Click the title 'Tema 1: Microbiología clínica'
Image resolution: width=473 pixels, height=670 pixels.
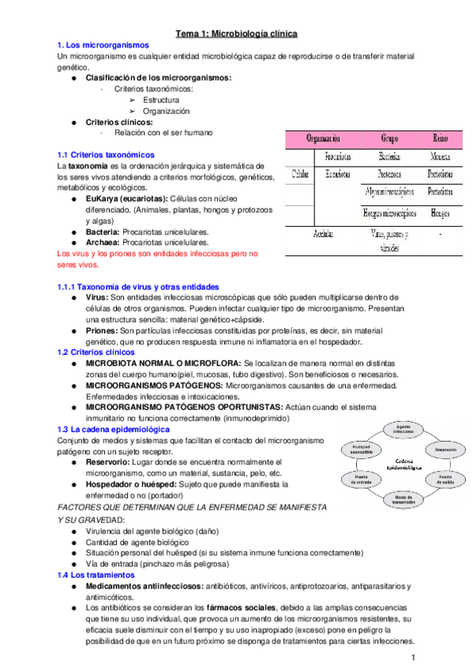(235, 34)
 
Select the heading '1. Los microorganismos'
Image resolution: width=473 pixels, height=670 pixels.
(99, 45)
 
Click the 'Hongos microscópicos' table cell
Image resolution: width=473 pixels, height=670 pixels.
(389, 213)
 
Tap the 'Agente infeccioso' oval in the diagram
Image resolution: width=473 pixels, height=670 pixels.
(404, 430)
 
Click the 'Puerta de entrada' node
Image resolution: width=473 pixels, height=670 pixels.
(362, 479)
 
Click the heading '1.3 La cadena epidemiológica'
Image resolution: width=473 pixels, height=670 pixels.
(114, 428)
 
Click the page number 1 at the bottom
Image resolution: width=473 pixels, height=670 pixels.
(412, 658)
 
